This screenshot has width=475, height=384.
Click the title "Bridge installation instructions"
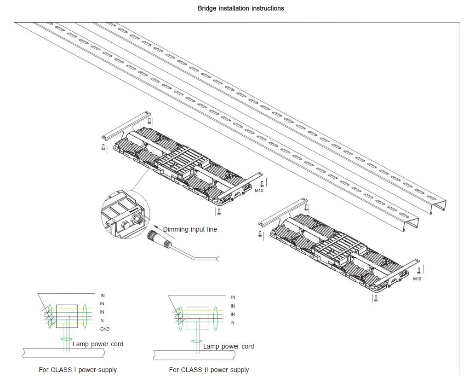240,8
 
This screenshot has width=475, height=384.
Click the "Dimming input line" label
190,229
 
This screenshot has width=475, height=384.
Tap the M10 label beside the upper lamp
259,191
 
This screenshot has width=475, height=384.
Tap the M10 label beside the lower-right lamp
417,279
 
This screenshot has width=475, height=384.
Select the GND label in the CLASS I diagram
105,329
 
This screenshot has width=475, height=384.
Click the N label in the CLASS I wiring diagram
102,320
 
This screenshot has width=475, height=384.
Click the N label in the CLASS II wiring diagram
233,323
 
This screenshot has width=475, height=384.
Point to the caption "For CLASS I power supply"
78,370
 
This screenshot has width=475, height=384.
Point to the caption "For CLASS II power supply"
209,370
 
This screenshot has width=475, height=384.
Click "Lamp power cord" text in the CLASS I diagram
98,344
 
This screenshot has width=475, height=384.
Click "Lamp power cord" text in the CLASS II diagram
229,346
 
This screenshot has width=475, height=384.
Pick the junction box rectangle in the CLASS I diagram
67,316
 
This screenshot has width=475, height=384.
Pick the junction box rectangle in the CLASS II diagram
197,318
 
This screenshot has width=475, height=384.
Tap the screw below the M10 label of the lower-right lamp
376,298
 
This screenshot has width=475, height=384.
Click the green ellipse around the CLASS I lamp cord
66,340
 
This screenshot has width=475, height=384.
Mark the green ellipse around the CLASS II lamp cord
197,342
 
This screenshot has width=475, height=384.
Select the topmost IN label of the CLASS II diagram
233,298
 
